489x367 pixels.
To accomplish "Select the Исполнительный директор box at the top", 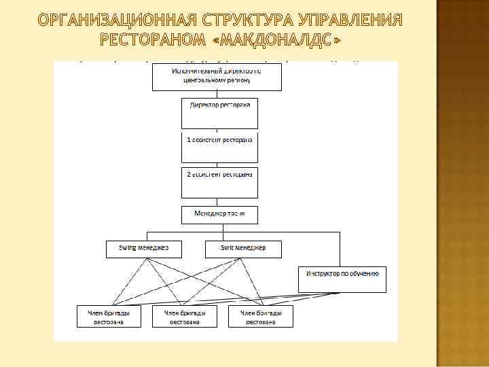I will [217, 76].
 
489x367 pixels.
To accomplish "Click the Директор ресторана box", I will [219, 113].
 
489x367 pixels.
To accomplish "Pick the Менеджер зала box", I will [219, 215].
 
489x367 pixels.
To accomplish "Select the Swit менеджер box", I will [242, 249].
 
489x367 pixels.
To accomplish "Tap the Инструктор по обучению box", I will [342, 279].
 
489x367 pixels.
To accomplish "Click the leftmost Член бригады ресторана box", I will [109, 317].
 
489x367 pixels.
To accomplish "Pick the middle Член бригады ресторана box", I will [185, 317].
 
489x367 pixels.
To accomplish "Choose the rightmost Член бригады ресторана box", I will [261, 317].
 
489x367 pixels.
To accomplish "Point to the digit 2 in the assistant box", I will [189, 174].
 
